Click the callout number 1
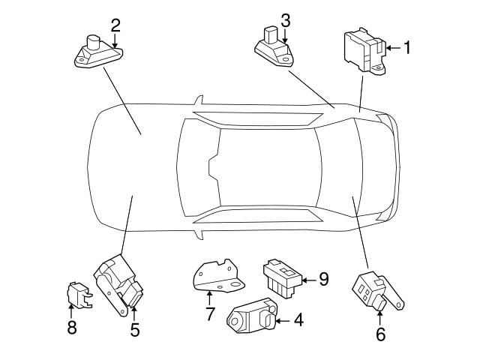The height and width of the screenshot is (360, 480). [407, 48]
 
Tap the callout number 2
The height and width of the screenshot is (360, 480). [115, 25]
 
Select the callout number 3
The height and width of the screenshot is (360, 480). [285, 19]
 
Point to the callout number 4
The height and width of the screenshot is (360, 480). [298, 321]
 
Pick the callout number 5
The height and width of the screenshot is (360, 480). [135, 328]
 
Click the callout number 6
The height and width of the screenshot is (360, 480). [380, 334]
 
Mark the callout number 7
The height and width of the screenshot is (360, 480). [211, 313]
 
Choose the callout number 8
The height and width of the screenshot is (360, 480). [72, 328]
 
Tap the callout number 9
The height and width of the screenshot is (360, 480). [323, 279]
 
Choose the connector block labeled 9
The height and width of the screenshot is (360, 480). [280, 277]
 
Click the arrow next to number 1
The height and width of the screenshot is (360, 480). [391, 49]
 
